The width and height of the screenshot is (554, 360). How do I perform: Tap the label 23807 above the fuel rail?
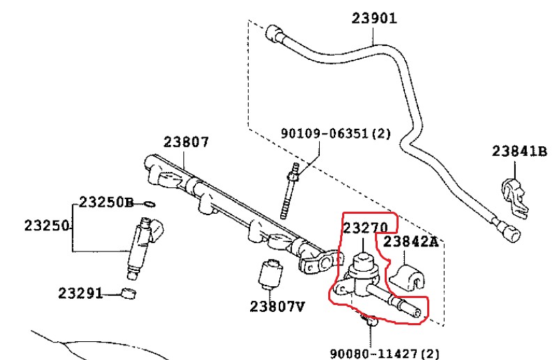[186, 142]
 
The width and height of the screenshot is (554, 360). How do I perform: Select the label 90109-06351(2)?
[336, 133]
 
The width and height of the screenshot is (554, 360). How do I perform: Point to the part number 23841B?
[520, 150]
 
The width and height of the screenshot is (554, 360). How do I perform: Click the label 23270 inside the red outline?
[365, 227]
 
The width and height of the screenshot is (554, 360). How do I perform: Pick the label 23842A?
[411, 242]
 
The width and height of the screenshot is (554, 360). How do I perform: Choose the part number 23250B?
[105, 203]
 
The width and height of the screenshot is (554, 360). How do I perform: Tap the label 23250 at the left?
[47, 226]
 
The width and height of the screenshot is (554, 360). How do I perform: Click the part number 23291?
[81, 292]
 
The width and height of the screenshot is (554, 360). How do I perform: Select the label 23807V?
[277, 305]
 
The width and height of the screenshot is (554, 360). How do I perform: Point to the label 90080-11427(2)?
[385, 353]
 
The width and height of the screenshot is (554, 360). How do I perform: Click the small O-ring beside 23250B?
[148, 204]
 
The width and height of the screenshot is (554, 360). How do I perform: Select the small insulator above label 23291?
[128, 292]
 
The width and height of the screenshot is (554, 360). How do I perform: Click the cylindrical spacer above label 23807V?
[268, 274]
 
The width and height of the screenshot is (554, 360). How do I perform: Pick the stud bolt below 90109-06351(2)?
[289, 191]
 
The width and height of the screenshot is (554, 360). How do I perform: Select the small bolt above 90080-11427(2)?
[367, 321]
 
